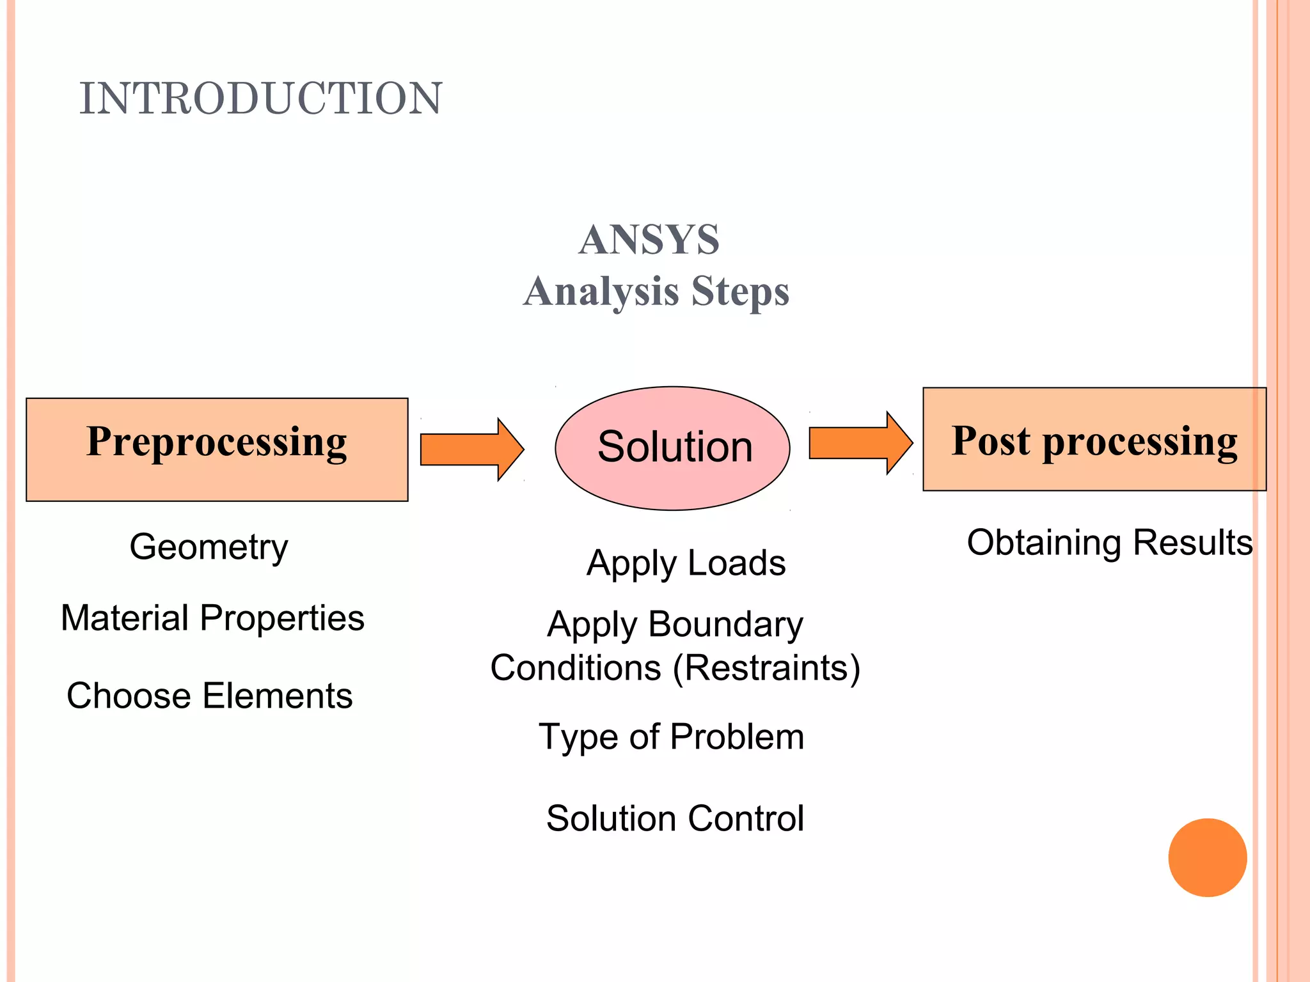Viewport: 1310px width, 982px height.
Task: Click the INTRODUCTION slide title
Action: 260,98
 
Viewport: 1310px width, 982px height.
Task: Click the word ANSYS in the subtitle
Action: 649,240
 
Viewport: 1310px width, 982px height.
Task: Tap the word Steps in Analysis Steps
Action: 740,292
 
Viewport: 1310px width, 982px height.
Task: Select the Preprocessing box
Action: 217,449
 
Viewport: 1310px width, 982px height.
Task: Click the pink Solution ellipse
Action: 673,448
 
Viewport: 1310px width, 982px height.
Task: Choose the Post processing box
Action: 1094,440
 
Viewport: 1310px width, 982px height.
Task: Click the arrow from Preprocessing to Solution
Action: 472,449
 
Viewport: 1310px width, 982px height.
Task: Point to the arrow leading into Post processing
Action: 860,442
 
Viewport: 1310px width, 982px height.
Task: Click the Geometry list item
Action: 209,547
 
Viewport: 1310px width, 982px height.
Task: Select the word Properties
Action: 281,618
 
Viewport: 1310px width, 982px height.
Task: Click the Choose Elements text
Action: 209,696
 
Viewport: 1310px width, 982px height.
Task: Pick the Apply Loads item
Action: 686,563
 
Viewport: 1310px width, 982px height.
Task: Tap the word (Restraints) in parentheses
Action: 766,668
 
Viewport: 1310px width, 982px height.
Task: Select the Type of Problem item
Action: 671,737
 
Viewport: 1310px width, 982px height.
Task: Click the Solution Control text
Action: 675,818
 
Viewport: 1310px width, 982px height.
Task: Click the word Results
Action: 1192,543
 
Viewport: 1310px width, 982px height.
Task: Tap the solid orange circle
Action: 1207,857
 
